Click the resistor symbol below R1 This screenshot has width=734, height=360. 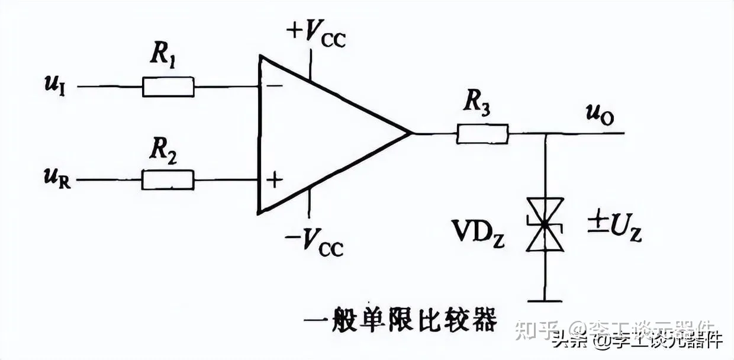tap(168, 86)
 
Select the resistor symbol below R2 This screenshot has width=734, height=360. tap(168, 179)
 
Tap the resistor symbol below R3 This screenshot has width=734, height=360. tap(482, 134)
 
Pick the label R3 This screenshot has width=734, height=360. tap(477, 103)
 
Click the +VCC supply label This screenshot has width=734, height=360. tap(316, 34)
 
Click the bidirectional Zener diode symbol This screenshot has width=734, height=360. tap(545, 224)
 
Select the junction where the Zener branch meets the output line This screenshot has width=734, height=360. tap(545, 134)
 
